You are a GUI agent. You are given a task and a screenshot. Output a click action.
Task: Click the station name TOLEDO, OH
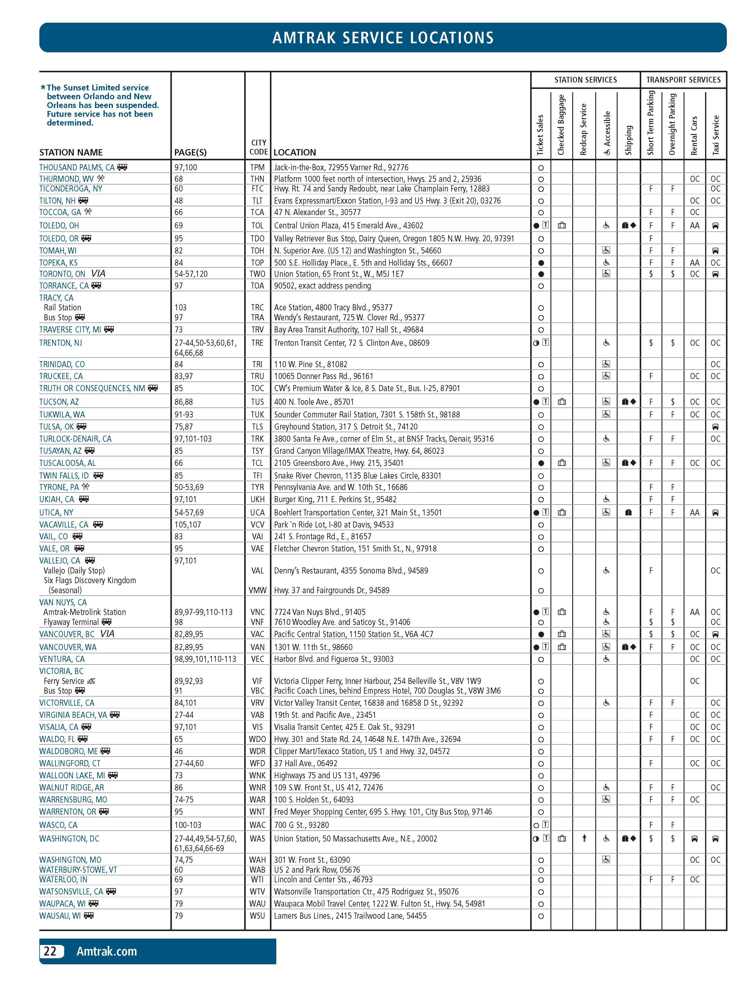pos(59,226)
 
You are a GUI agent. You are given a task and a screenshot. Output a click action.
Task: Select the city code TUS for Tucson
pos(258,402)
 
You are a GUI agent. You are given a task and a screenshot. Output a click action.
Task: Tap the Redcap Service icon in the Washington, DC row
pos(584,838)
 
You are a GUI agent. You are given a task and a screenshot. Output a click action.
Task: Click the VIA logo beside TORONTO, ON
pos(98,273)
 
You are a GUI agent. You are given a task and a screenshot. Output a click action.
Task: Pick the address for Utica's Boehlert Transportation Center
pos(358,513)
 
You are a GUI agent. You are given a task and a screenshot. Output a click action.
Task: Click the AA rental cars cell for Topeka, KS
pos(694,262)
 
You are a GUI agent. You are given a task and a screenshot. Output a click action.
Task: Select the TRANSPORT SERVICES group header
pos(683,80)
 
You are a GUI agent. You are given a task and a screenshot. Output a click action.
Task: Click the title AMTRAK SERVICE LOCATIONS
pos(382,38)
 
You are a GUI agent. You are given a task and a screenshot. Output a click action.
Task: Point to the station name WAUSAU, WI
pos(60,916)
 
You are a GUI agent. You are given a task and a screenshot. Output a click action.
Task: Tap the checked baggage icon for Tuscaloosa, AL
pos(562,463)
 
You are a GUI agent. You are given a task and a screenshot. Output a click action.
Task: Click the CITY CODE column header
pos(258,147)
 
